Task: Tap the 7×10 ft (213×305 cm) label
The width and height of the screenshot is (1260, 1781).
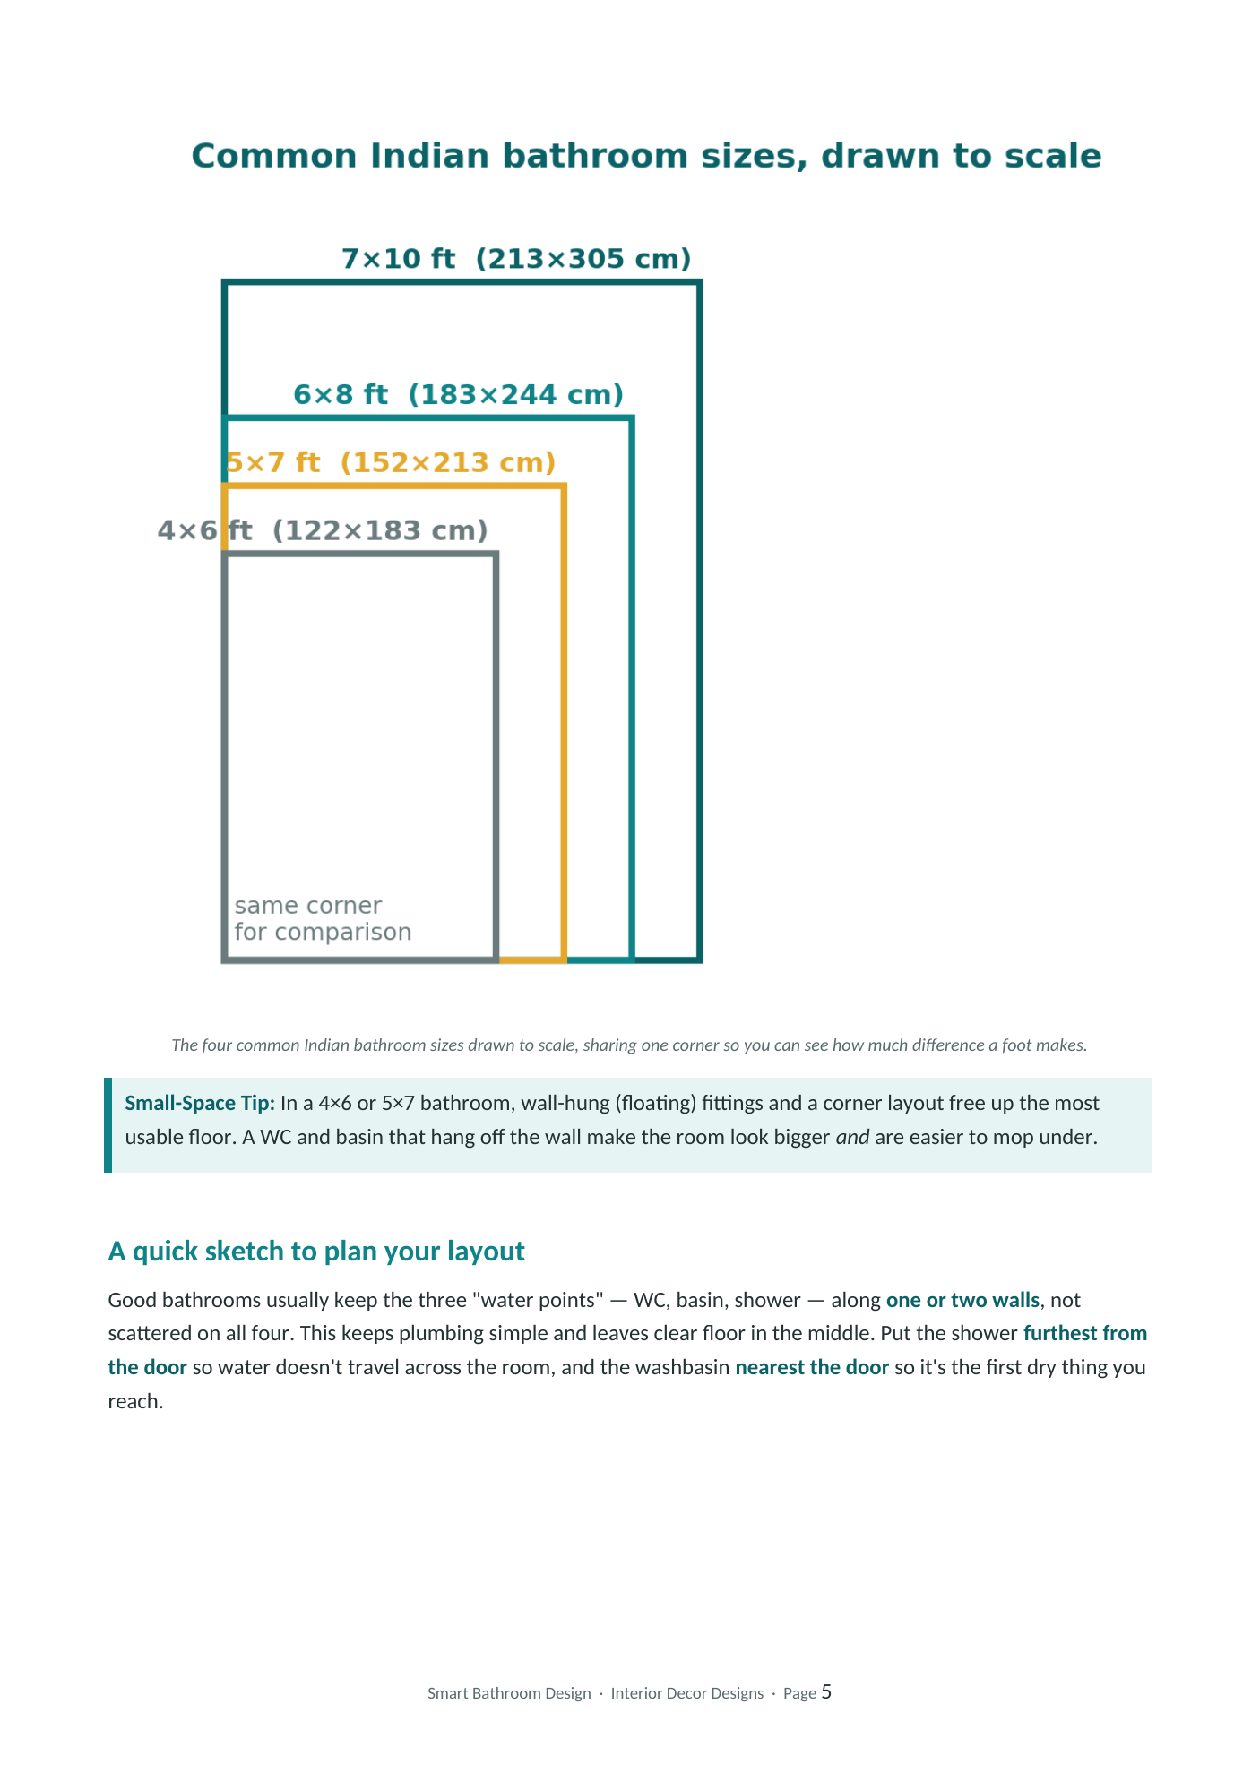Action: pyautogui.click(x=517, y=259)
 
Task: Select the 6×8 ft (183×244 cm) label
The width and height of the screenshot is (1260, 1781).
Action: pyautogui.click(x=459, y=394)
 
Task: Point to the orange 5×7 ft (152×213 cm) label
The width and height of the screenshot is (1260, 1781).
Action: pyautogui.click(x=391, y=462)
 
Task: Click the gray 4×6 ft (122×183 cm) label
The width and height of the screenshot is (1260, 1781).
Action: pyautogui.click(x=323, y=530)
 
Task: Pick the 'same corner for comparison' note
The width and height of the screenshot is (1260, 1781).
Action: pyautogui.click(x=323, y=918)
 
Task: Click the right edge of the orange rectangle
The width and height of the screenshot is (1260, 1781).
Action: pyautogui.click(x=564, y=723)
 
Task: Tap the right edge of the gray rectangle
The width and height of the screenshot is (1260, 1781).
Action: pyautogui.click(x=496, y=757)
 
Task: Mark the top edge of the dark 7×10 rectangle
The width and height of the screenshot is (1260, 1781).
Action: pyautogui.click(x=462, y=283)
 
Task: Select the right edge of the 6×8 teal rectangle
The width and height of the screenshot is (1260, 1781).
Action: pyautogui.click(x=632, y=689)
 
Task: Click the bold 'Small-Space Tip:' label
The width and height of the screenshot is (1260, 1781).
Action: pyautogui.click(x=200, y=1103)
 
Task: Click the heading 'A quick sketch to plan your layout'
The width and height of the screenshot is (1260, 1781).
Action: pyautogui.click(x=316, y=1251)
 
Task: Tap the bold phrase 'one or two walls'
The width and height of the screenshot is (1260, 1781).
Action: pyautogui.click(x=962, y=1300)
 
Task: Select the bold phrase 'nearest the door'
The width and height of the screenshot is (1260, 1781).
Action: pyautogui.click(x=812, y=1367)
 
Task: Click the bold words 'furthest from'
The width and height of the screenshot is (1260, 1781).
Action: pyautogui.click(x=1085, y=1333)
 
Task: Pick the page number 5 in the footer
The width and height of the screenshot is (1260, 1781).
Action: pyautogui.click(x=826, y=1691)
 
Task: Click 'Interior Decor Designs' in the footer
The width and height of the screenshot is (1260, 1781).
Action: pyautogui.click(x=687, y=1693)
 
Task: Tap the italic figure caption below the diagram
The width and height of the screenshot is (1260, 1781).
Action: pyautogui.click(x=629, y=1045)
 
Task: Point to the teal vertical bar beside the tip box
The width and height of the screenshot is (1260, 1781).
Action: pyautogui.click(x=108, y=1125)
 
